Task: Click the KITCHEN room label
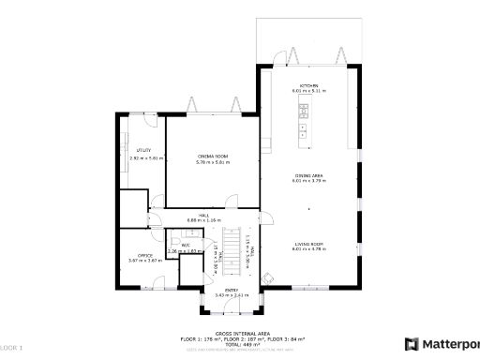point(309,85)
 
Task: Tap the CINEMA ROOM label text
point(213,156)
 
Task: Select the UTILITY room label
point(144,150)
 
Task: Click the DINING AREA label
point(309,174)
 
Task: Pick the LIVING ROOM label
point(309,243)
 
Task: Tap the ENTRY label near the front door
point(231,290)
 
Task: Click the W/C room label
point(186,246)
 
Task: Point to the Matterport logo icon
point(411,344)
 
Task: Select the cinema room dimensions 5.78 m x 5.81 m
point(213,162)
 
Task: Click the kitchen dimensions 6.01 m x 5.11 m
point(309,91)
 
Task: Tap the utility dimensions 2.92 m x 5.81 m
point(146,157)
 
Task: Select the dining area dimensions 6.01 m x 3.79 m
point(309,181)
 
